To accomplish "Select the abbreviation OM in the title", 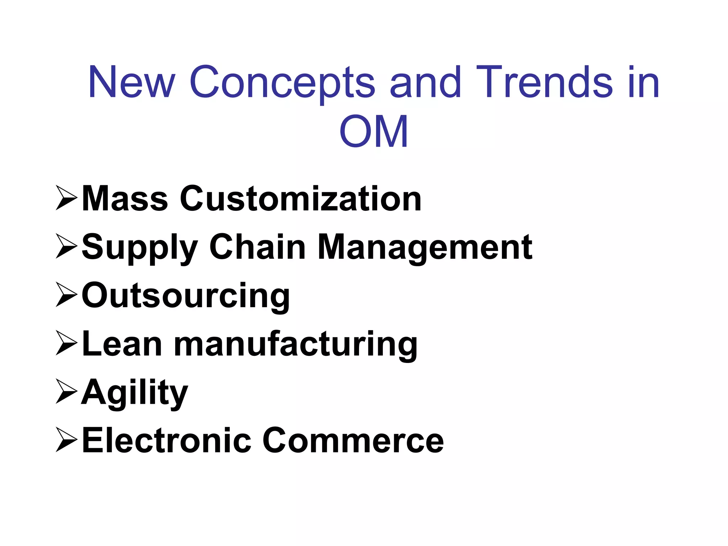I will [x=374, y=132].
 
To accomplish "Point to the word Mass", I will [x=125, y=199].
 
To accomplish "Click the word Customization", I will [x=301, y=199].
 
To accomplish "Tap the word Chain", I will [x=257, y=247].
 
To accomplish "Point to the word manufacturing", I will [x=295, y=344].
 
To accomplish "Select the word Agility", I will [x=135, y=393].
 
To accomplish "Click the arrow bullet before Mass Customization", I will [x=66, y=199].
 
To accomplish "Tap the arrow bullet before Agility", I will [x=66, y=393].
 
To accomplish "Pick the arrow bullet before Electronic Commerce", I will [x=66, y=441].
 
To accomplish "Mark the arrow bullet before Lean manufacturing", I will [x=66, y=344].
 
